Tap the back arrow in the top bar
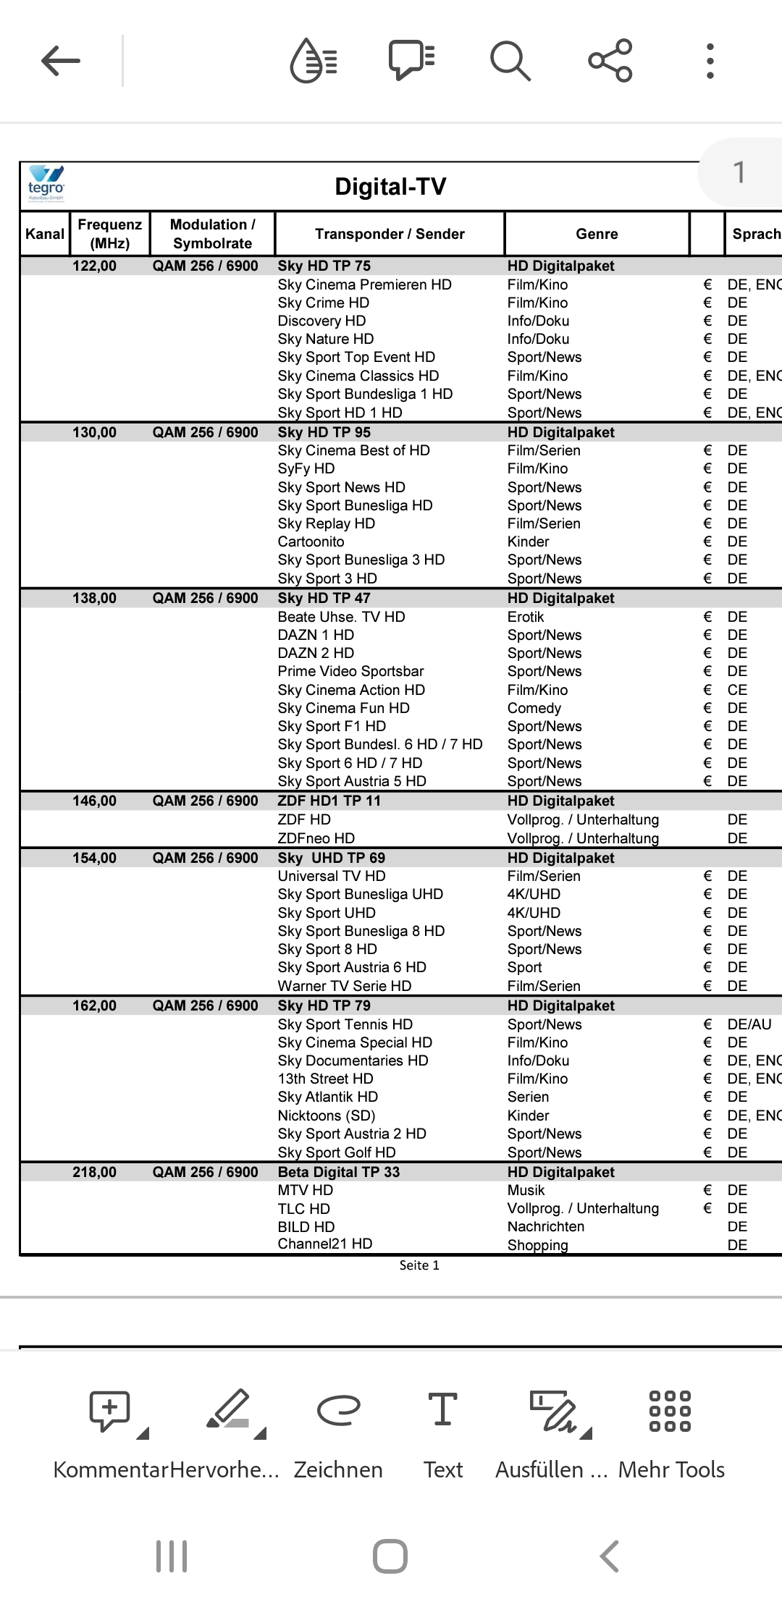point(61,61)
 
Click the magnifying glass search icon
point(510,61)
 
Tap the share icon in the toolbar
point(610,61)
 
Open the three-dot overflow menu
point(710,61)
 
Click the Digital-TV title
point(390,187)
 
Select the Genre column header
point(597,234)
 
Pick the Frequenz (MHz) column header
point(110,234)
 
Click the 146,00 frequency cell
point(94,801)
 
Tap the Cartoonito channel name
point(311,541)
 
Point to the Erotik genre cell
point(526,617)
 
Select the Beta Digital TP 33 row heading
point(338,1172)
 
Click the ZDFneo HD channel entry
point(316,838)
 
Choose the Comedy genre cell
point(534,708)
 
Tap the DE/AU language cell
point(749,1024)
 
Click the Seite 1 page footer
point(419,1265)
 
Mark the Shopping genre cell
point(537,1245)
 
